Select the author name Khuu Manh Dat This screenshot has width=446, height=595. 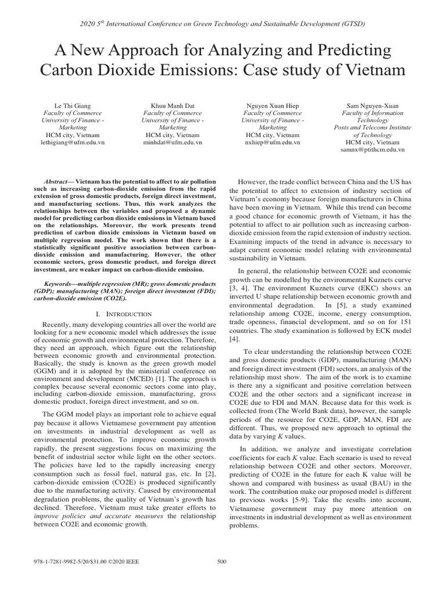click(x=172, y=105)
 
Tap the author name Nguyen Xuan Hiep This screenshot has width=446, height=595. click(x=273, y=105)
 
